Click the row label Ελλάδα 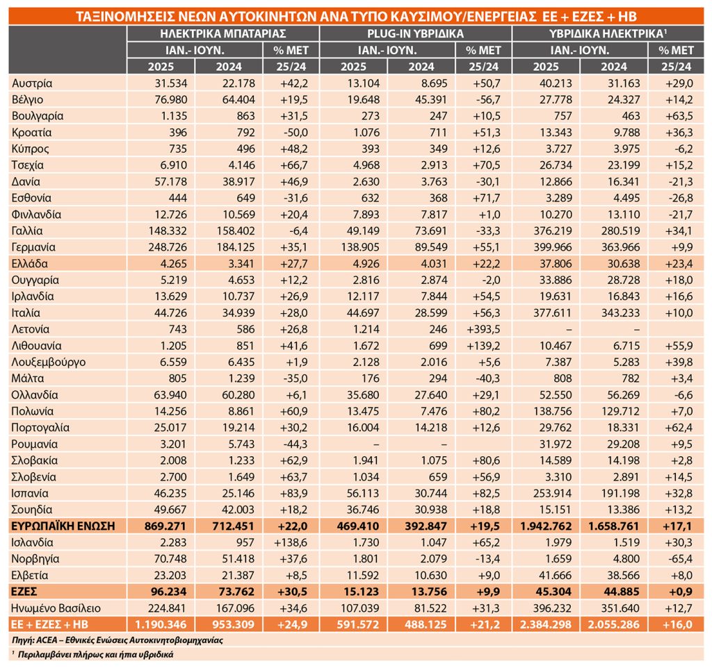coord(29,263)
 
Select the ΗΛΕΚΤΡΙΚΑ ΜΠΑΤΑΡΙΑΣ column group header coord(223,33)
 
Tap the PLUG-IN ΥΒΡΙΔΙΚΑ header coord(416,33)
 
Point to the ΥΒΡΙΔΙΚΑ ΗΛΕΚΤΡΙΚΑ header coord(608,33)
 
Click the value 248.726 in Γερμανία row coord(168,247)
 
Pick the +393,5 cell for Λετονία coord(484,329)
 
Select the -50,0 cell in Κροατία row coord(293,133)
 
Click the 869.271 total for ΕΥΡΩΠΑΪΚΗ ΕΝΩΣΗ coord(168,526)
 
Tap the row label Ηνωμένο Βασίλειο coord(56,608)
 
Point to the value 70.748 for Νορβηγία coord(170,559)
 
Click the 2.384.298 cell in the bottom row coord(546,624)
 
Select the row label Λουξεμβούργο coord(49,362)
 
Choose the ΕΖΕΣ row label coord(24,592)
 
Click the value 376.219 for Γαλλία coord(553,231)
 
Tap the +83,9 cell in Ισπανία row coord(293,494)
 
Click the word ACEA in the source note coord(46,640)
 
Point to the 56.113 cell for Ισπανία coord(363,494)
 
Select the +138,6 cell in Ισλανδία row coord(291,542)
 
